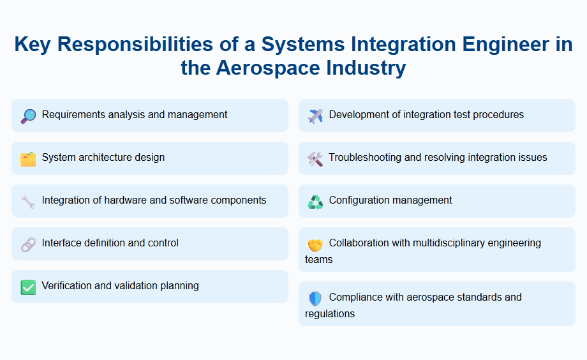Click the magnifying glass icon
coord(28,116)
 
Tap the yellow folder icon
coord(28,159)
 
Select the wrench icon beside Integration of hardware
coord(28,202)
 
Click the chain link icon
coord(28,244)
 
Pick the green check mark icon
coord(28,287)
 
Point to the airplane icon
coord(315,116)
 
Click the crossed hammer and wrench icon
coord(315,159)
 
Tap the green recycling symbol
coord(315,202)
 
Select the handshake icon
coord(315,244)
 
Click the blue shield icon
coord(315,298)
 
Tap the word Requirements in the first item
coord(73,115)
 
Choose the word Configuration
coord(359,200)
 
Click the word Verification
coord(67,286)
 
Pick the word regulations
coord(330,314)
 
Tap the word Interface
coord(63,243)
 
